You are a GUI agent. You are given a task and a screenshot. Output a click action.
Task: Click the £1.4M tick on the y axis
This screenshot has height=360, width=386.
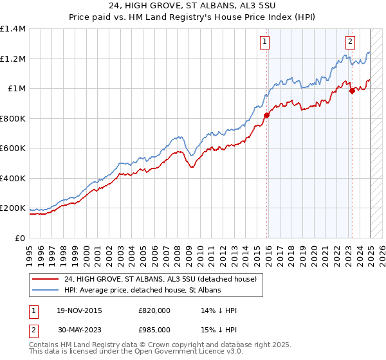click(x=13, y=29)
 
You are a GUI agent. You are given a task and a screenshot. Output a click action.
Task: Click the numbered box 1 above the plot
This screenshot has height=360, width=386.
click(x=265, y=42)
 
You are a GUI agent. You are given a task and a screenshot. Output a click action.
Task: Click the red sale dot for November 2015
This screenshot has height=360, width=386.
click(x=266, y=116)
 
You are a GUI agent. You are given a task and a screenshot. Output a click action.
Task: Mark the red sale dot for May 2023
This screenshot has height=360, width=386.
click(x=352, y=91)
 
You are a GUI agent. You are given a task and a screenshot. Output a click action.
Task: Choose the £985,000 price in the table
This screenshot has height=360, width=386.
click(x=154, y=329)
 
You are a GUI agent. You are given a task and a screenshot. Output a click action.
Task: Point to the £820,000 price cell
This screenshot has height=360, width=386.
click(x=154, y=310)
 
